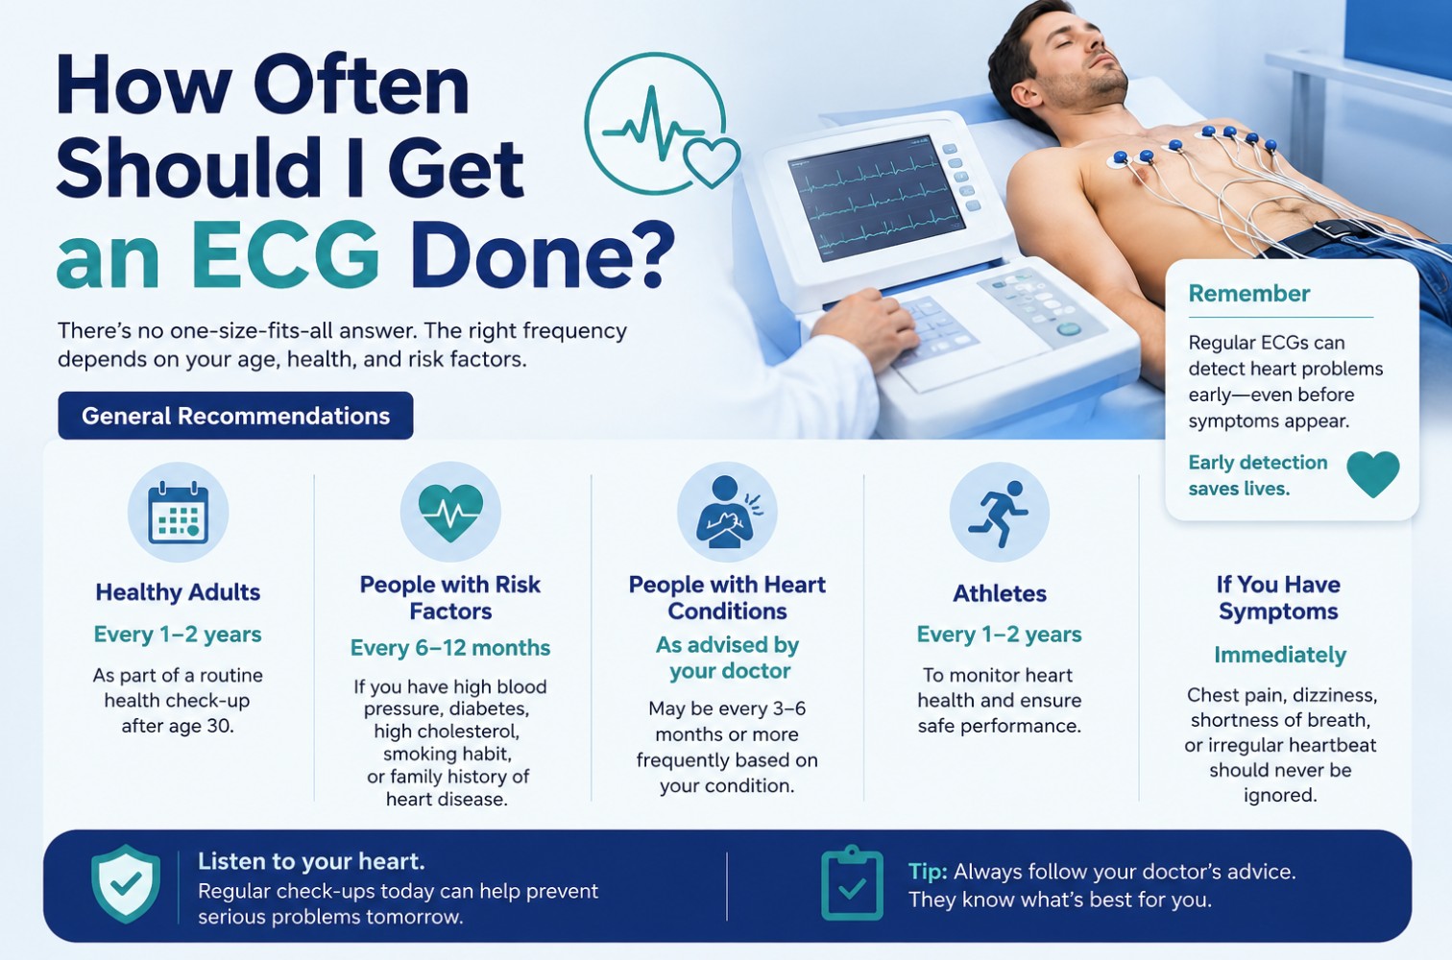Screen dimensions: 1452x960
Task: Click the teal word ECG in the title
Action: [285, 254]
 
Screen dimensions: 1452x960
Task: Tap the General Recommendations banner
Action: [235, 416]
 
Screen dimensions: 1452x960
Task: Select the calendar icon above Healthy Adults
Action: [179, 512]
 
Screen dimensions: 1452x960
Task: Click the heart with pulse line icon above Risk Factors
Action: [450, 512]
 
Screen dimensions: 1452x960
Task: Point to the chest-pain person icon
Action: [727, 512]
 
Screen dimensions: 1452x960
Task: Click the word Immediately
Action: [1280, 655]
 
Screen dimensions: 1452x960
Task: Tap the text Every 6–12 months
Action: [450, 648]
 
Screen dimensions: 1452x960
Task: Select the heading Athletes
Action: [1000, 593]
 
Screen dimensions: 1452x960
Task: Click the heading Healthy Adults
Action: [179, 591]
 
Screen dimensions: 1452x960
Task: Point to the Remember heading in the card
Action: [1249, 294]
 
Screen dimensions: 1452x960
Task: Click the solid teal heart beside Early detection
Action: [1373, 474]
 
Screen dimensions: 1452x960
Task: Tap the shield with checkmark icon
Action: [126, 883]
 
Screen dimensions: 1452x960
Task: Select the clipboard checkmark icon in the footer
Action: [852, 883]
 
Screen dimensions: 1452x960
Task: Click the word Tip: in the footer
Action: [928, 872]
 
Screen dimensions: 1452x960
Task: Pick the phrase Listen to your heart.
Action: [312, 861]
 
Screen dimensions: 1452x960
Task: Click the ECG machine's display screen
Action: [877, 198]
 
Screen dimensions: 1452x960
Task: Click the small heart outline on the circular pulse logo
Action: [712, 162]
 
